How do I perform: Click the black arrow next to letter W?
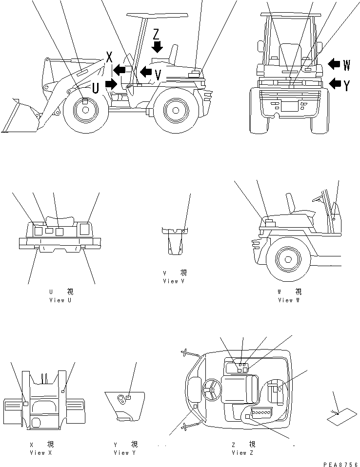(335, 64)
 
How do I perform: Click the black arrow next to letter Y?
(335, 83)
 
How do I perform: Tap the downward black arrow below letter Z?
(157, 47)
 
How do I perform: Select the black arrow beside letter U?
(111, 84)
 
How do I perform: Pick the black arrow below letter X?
(119, 71)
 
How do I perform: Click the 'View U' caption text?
(60, 300)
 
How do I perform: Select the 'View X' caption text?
(40, 453)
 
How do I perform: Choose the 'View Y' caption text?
(125, 453)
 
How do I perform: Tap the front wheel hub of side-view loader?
(85, 111)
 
